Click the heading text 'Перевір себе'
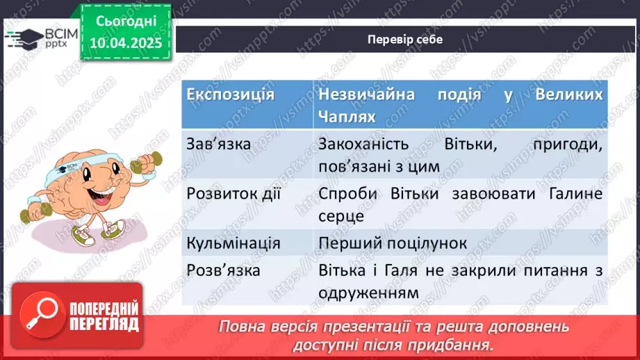pyautogui.click(x=405, y=39)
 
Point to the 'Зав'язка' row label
pyautogui.click(x=219, y=145)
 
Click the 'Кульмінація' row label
pyautogui.click(x=233, y=243)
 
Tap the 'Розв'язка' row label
pyautogui.click(x=223, y=270)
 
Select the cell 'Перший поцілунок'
pyautogui.click(x=393, y=243)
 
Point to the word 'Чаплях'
pyautogui.click(x=347, y=117)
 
